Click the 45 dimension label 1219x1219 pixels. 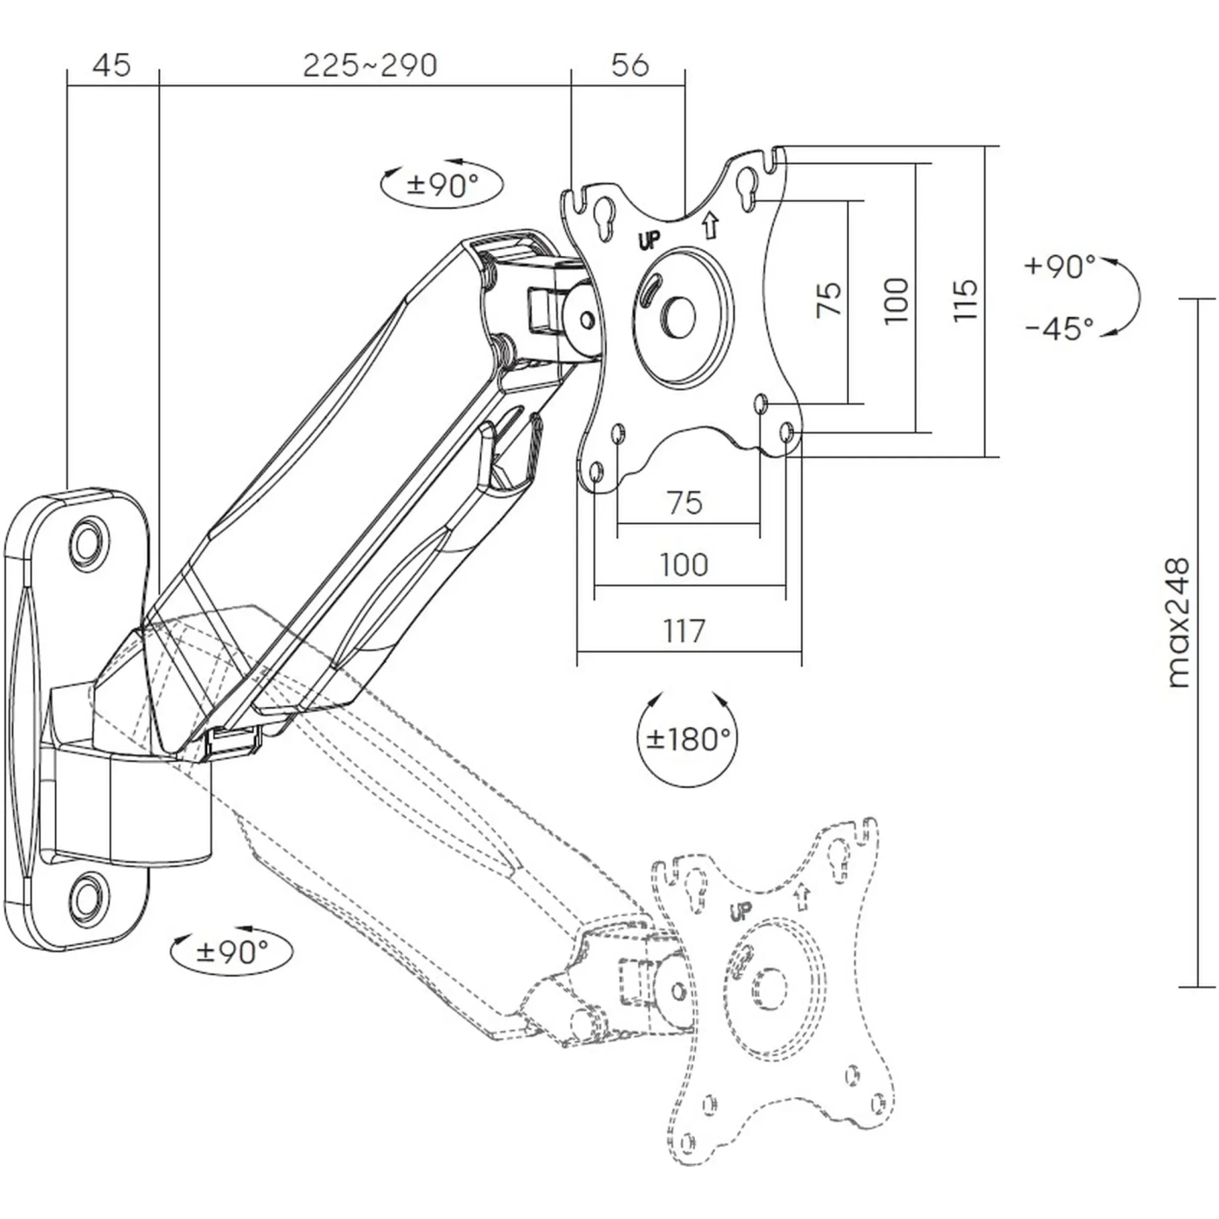pyautogui.click(x=111, y=65)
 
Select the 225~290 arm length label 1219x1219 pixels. pyautogui.click(x=369, y=65)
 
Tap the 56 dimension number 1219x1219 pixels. pyautogui.click(x=630, y=65)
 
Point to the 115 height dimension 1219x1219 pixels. pyautogui.click(x=966, y=300)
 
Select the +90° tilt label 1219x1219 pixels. pyautogui.click(x=1060, y=266)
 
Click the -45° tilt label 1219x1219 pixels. pyautogui.click(x=1060, y=329)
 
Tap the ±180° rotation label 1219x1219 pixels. pyautogui.click(x=686, y=739)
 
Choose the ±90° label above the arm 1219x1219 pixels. pyautogui.click(x=442, y=185)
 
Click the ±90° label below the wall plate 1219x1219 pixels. pyautogui.click(x=232, y=952)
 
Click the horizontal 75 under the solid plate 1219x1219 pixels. pyautogui.click(x=684, y=502)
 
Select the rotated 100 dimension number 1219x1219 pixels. pyautogui.click(x=897, y=300)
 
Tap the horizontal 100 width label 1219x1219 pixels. pyautogui.click(x=684, y=565)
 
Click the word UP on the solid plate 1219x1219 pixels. pyautogui.click(x=650, y=241)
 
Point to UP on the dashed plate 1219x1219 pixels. pyautogui.click(x=740, y=912)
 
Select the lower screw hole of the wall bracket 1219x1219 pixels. pyautogui.click(x=87, y=896)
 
